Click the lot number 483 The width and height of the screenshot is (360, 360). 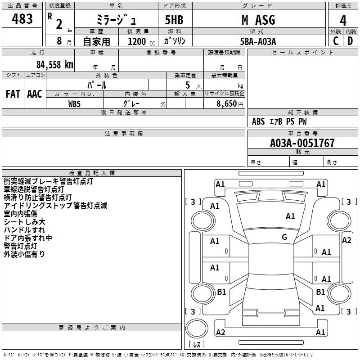(x=22, y=19)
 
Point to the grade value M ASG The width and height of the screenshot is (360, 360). (x=258, y=20)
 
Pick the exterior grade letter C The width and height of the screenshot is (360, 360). (x=336, y=41)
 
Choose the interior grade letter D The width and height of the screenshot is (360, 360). (x=350, y=41)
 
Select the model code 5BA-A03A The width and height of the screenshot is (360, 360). (x=258, y=41)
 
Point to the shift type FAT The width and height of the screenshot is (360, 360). (x=13, y=94)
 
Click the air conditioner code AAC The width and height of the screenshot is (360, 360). (x=34, y=94)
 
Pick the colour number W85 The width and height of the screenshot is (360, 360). (x=75, y=103)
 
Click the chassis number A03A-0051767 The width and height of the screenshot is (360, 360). (x=302, y=143)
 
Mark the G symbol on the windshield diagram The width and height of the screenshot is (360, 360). (x=284, y=237)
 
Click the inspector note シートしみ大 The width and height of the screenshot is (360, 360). (x=24, y=222)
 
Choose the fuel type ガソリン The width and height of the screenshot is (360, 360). (x=174, y=41)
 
